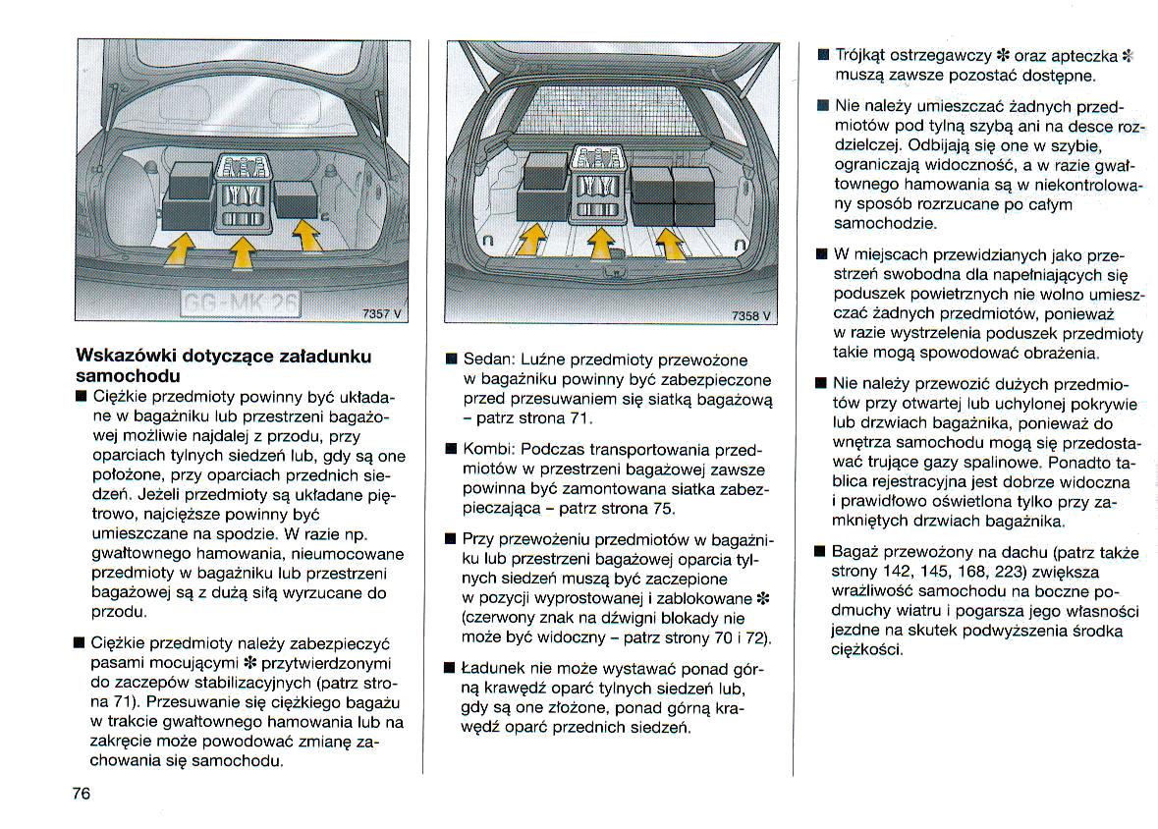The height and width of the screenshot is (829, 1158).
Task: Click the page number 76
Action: click(x=81, y=794)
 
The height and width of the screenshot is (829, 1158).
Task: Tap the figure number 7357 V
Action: click(x=382, y=313)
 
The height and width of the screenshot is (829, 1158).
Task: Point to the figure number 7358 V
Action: click(x=752, y=316)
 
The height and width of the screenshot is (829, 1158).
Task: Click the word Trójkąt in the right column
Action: click(x=863, y=55)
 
